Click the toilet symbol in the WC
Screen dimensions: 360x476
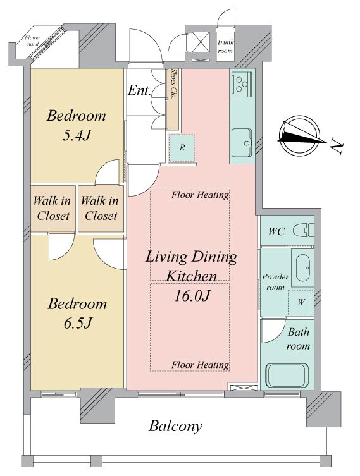pyautogui.click(x=304, y=230)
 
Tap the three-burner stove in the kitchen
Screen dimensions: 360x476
pyautogui.click(x=242, y=83)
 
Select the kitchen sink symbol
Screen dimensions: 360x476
pyautogui.click(x=242, y=142)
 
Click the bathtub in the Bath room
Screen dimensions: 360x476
pyautogui.click(x=287, y=375)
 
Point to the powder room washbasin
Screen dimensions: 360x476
pyautogui.click(x=302, y=268)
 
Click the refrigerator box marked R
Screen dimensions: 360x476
pyautogui.click(x=182, y=148)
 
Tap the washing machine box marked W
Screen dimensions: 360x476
pyautogui.click(x=301, y=302)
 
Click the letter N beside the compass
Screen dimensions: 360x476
pyautogui.click(x=337, y=147)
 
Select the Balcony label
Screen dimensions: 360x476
pyautogui.click(x=175, y=426)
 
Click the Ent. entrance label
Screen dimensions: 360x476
pyautogui.click(x=139, y=90)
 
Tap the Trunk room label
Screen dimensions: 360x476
pyautogui.click(x=225, y=47)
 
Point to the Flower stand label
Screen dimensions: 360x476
pyautogui.click(x=32, y=40)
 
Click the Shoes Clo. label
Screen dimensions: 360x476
pyautogui.click(x=174, y=83)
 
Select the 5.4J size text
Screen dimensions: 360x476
pyautogui.click(x=77, y=135)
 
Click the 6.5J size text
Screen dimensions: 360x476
pyautogui.click(x=77, y=323)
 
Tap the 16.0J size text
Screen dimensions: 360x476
pyautogui.click(x=192, y=296)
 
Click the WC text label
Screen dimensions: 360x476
pyautogui.click(x=276, y=231)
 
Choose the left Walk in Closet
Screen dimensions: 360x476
pyautogui.click(x=53, y=208)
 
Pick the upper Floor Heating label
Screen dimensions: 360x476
pyautogui.click(x=200, y=195)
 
